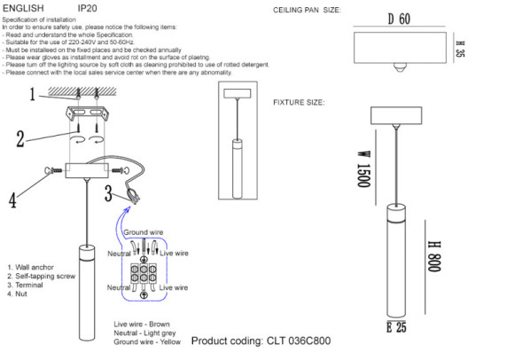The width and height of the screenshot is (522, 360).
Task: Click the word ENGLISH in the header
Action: tap(23, 6)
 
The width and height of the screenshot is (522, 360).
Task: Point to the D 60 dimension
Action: tap(399, 19)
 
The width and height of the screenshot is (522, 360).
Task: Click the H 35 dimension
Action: tap(460, 49)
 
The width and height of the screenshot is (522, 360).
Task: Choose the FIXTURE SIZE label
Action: tap(299, 102)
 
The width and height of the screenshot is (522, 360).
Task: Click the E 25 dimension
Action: tap(396, 328)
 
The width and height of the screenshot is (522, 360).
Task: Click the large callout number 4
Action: tap(12, 200)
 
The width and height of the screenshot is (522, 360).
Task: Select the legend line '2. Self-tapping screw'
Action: tap(43, 276)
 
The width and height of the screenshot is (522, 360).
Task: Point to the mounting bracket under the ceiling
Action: tap(89, 113)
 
